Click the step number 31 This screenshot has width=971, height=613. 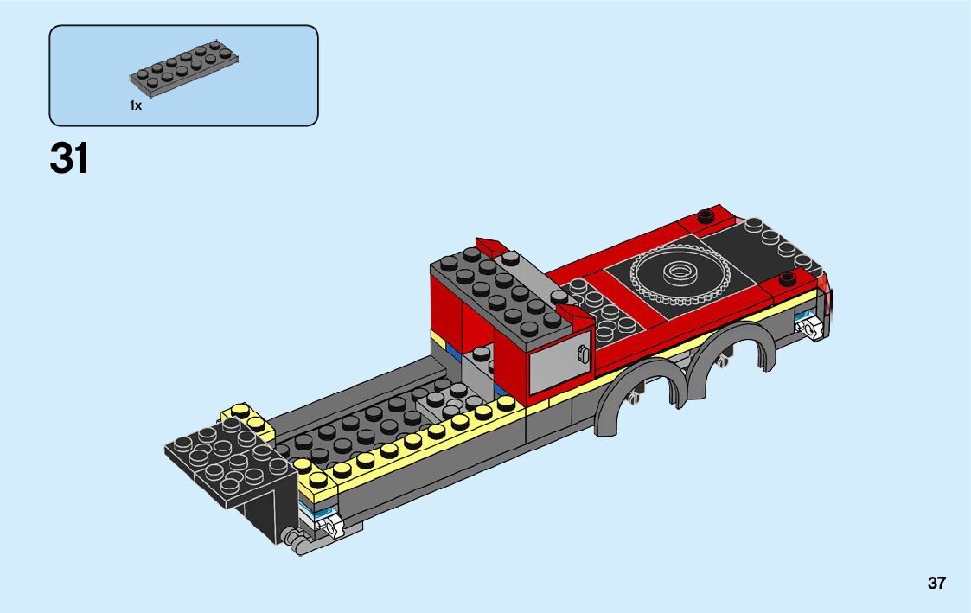coord(69,158)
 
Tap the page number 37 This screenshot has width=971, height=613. coord(936,584)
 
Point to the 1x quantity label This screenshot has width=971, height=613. coord(136,105)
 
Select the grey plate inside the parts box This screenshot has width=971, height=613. coord(184,68)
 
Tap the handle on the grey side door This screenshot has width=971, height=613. coord(582,354)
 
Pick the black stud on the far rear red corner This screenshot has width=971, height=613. coord(706,216)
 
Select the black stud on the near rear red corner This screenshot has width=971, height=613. coord(787,278)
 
